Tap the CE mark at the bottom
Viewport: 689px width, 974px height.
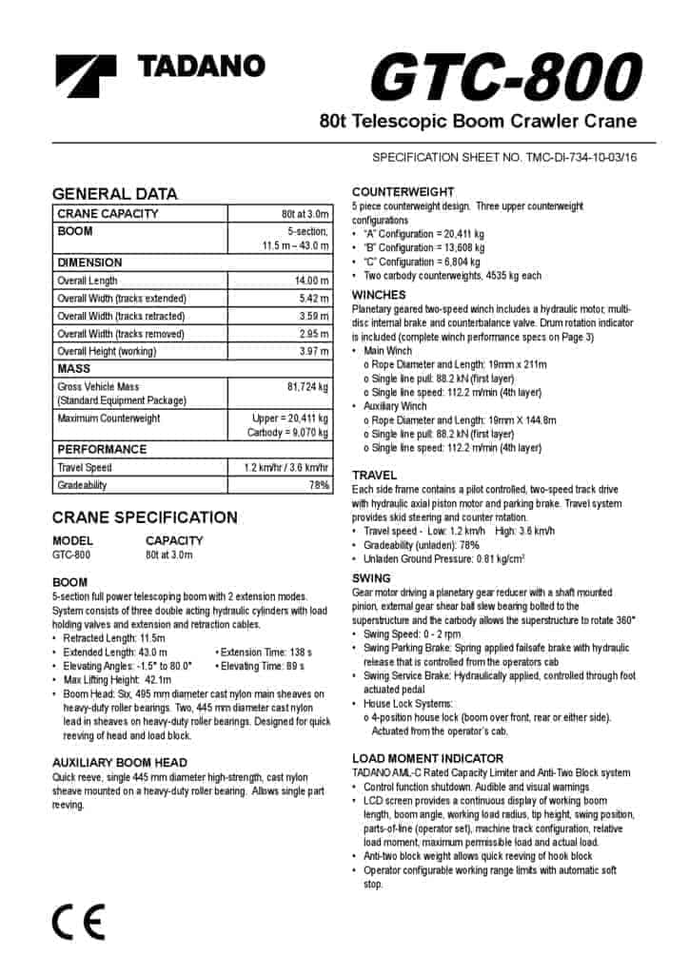tap(78, 920)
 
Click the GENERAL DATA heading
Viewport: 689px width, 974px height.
tap(114, 193)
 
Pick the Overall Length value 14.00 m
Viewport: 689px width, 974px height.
tap(311, 281)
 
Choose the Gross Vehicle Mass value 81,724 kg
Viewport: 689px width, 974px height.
tap(307, 387)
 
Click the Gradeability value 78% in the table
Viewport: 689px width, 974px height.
tap(318, 485)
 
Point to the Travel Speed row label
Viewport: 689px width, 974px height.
tap(85, 467)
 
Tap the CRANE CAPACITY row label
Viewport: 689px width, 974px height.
tap(108, 214)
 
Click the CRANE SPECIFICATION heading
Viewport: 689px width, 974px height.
tap(145, 517)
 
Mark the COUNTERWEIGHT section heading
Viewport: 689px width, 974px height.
tap(403, 192)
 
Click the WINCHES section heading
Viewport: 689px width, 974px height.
tap(379, 295)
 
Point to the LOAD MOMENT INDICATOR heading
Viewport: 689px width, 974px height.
tap(427, 758)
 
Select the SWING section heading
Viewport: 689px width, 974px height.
tap(371, 578)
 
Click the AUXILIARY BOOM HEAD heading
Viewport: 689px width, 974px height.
tap(119, 763)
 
